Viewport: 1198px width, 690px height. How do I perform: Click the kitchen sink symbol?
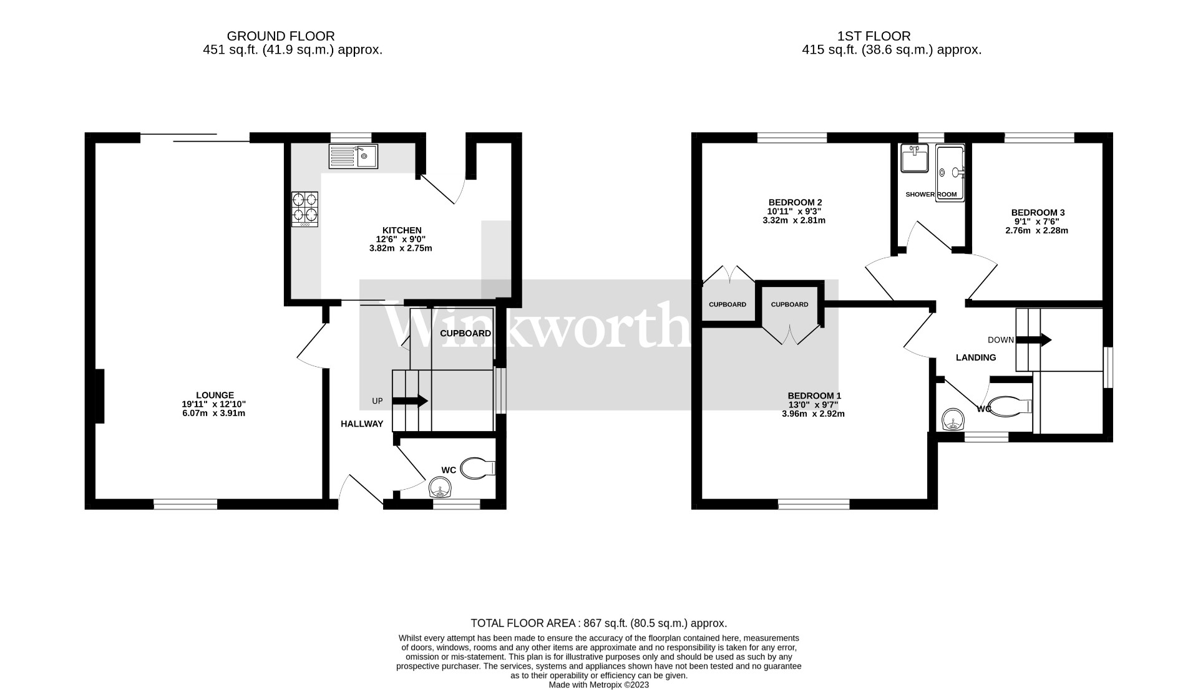pos(353,156)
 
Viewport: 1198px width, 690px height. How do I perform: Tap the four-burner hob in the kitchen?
pos(304,208)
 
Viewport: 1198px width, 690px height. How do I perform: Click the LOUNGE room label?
pos(215,395)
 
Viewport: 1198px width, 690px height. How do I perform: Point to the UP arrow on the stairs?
pos(409,401)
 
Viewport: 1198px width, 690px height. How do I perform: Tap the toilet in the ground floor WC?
pos(476,468)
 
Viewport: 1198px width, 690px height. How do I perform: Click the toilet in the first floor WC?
pos(1011,406)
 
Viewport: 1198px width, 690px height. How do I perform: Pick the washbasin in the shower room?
pos(915,158)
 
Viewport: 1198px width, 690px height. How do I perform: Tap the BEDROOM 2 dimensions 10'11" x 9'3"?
pos(794,211)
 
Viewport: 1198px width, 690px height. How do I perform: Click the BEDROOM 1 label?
pos(814,396)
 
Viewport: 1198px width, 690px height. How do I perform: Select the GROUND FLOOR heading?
pos(280,36)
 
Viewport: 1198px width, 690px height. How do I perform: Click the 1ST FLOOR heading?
pos(874,36)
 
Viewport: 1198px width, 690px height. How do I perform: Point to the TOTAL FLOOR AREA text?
pos(598,623)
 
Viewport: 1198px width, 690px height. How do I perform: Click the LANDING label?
pos(976,357)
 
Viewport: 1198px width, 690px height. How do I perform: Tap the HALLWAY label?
pos(362,424)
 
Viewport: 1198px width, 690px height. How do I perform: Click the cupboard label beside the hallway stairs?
pos(465,333)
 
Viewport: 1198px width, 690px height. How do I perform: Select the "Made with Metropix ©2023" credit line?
pos(598,684)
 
